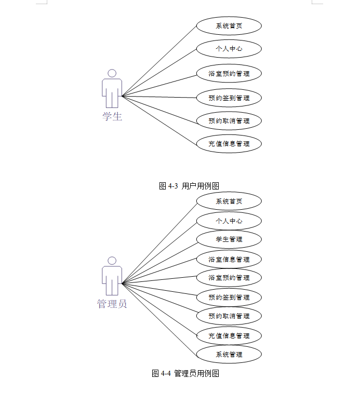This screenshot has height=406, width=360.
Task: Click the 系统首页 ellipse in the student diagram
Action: pyautogui.click(x=229, y=25)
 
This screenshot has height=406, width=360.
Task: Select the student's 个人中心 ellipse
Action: pyautogui.click(x=229, y=49)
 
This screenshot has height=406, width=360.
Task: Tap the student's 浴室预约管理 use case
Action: pyautogui.click(x=229, y=74)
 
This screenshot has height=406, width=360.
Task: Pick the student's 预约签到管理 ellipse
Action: pyautogui.click(x=229, y=98)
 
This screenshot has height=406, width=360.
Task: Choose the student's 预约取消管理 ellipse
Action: pyautogui.click(x=229, y=120)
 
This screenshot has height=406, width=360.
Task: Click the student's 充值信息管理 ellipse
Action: pyautogui.click(x=229, y=143)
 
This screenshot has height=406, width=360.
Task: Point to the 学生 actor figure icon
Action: pyautogui.click(x=112, y=88)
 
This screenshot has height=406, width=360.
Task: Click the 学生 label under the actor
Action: pyautogui.click(x=112, y=116)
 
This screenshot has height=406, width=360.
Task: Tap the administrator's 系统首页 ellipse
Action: pyautogui.click(x=229, y=201)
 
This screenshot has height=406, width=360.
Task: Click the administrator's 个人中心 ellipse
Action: pyautogui.click(x=229, y=221)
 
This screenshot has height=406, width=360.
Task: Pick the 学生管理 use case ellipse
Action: pyautogui.click(x=229, y=239)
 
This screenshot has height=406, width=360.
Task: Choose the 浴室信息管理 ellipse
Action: pyautogui.click(x=229, y=259)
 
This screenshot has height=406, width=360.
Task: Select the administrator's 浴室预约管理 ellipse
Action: pyautogui.click(x=229, y=278)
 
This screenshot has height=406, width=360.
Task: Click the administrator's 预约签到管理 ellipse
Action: pyautogui.click(x=229, y=297)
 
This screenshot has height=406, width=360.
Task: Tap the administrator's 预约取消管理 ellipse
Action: pyautogui.click(x=229, y=316)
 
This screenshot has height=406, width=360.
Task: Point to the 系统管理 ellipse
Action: pyautogui.click(x=229, y=355)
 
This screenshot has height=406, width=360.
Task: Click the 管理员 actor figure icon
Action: pyautogui.click(x=112, y=276)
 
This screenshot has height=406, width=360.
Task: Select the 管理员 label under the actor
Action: pyautogui.click(x=112, y=304)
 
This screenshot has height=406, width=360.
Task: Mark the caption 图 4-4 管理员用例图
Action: pyautogui.click(x=185, y=373)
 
